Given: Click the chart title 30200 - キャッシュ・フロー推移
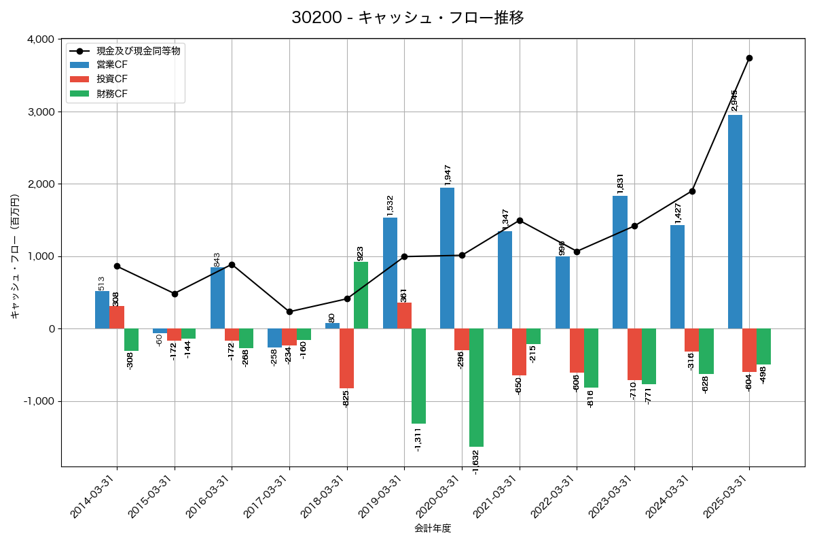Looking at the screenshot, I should point(407,18).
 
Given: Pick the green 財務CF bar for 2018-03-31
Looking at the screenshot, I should point(361,295).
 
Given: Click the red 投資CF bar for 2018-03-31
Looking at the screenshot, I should point(346,358).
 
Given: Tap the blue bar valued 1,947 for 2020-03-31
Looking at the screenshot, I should point(447,258).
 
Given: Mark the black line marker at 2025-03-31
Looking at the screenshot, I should point(749,58).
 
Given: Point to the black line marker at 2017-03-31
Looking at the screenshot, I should point(289,311).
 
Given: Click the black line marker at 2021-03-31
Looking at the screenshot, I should point(520,220).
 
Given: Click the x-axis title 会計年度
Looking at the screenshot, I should point(433,528).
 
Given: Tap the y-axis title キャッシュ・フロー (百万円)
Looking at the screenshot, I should point(15,256).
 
